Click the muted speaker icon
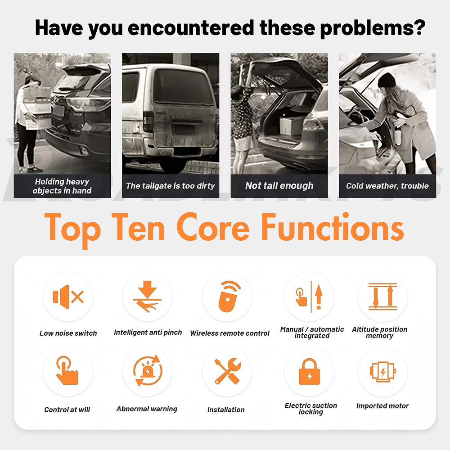(x=68, y=297)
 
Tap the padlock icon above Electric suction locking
(x=310, y=371)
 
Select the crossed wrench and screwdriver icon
(x=228, y=371)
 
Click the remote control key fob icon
(x=229, y=297)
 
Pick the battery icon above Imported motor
(x=383, y=372)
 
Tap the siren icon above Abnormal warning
(x=148, y=370)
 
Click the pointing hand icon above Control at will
(x=67, y=370)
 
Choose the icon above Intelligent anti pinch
(x=147, y=297)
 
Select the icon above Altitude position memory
(x=382, y=297)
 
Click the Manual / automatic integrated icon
(x=309, y=297)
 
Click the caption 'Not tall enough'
(x=279, y=186)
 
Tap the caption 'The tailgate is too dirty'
(x=171, y=186)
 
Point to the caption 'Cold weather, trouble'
(x=387, y=186)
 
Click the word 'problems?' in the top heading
(x=373, y=28)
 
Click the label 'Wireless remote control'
(x=229, y=333)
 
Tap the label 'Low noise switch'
(x=68, y=333)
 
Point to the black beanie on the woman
(x=387, y=80)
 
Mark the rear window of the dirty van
(x=183, y=87)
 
